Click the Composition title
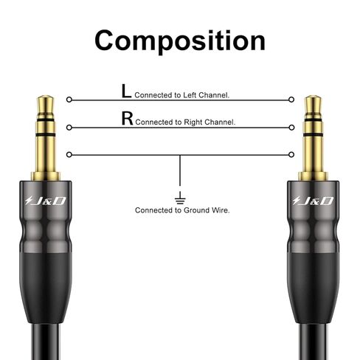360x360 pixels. [180, 41]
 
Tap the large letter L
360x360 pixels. [126, 91]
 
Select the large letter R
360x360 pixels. [127, 118]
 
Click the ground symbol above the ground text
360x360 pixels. [180, 198]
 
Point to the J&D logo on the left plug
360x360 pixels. [45, 201]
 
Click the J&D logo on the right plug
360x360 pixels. [313, 201]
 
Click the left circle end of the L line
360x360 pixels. [69, 100]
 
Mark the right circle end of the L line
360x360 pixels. [291, 100]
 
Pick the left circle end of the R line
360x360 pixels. [69, 128]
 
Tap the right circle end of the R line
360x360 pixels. [291, 128]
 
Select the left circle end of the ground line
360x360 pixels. [69, 155]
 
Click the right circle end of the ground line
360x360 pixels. [291, 155]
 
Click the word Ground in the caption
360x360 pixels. [195, 210]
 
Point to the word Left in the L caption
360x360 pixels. [190, 95]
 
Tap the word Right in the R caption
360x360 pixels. [193, 122]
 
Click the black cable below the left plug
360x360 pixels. [46, 342]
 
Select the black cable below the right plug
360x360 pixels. [314, 342]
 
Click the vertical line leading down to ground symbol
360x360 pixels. [180, 170]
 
